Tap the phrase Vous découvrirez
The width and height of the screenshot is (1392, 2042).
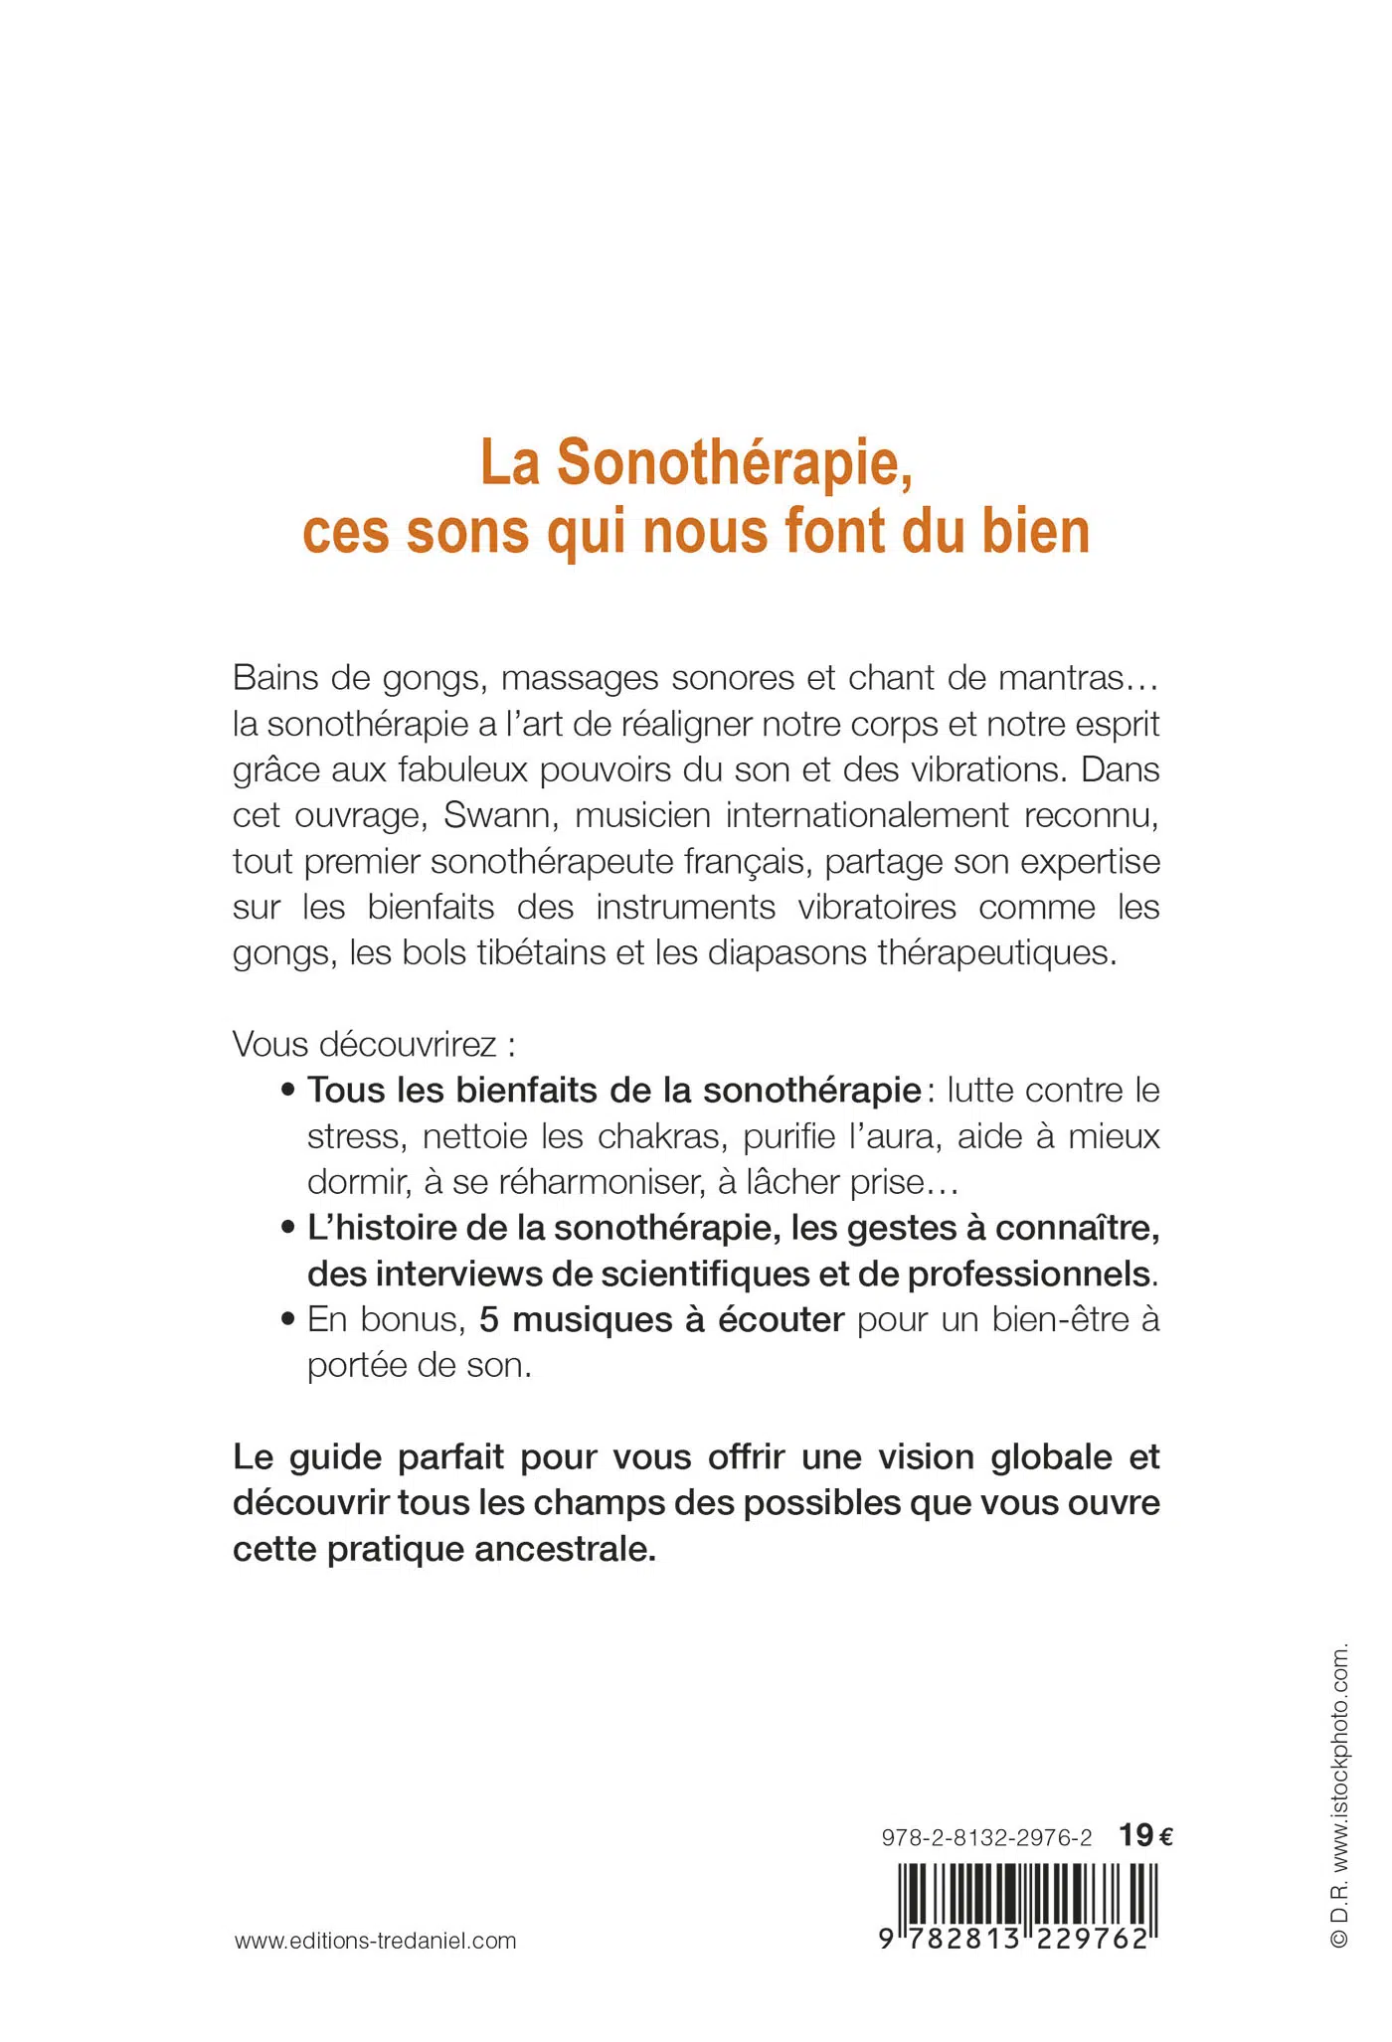point(364,1044)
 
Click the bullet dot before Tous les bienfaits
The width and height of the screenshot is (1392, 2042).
point(287,1092)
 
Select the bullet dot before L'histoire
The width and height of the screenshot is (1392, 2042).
point(287,1229)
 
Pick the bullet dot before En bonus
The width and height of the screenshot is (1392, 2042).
point(287,1321)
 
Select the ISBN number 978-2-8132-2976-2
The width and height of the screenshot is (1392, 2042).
point(985,1837)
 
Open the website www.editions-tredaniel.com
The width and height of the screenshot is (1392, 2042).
point(376,1941)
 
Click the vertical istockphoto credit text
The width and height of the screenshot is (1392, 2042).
point(1339,1795)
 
